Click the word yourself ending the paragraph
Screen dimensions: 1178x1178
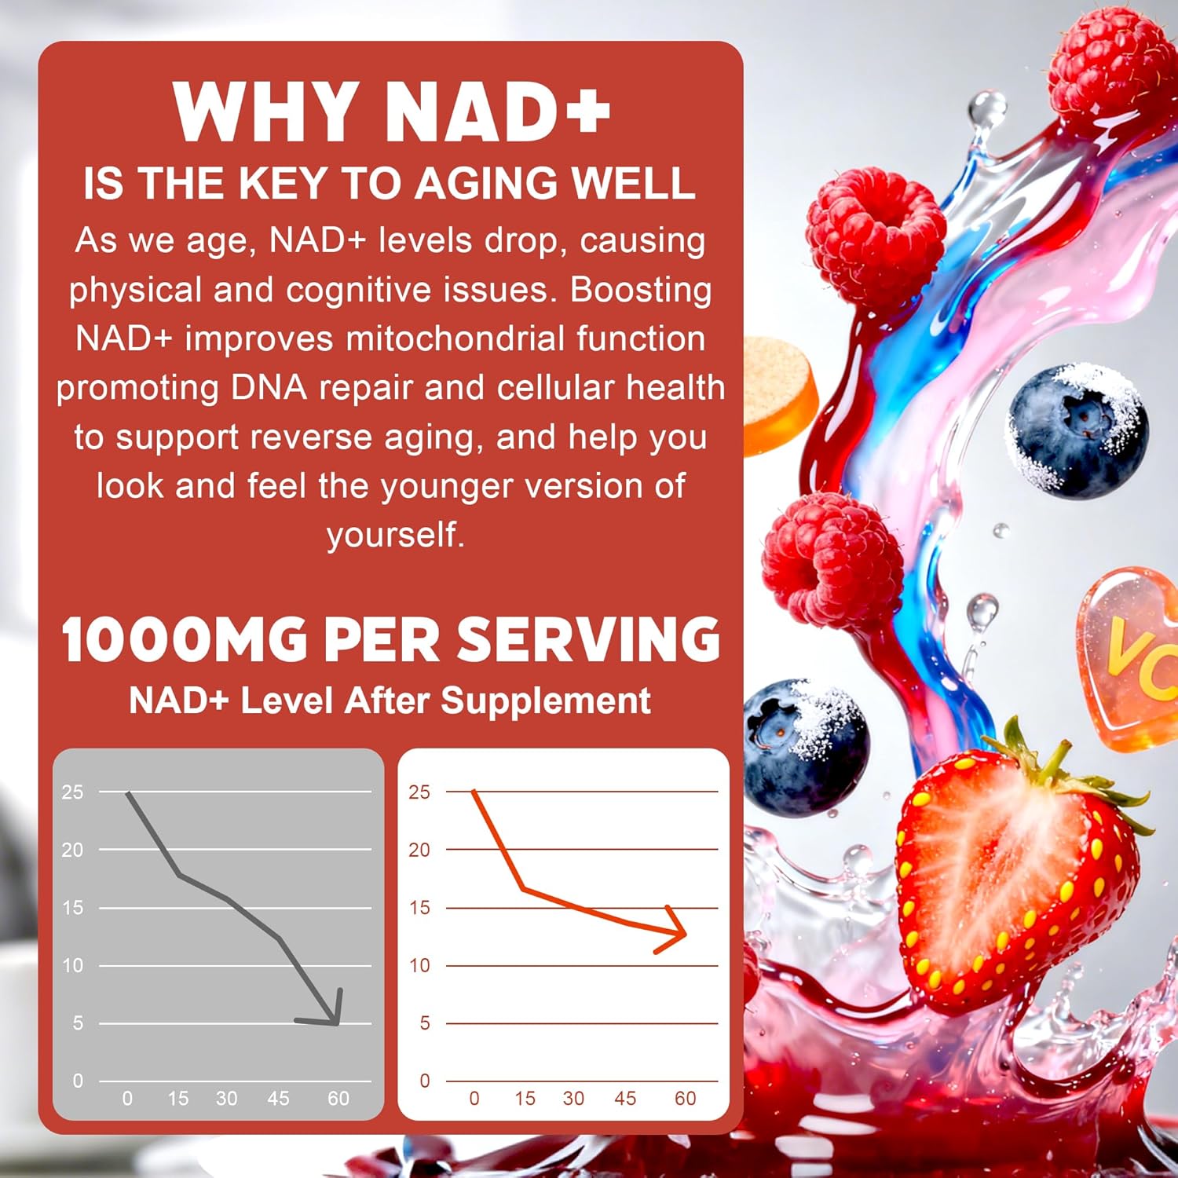pos(395,535)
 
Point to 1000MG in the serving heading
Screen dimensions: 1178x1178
pos(185,639)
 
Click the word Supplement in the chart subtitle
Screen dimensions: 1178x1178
pos(545,701)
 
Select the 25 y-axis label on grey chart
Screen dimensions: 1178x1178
pos(72,792)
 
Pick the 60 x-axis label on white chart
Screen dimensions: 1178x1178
pos(685,1098)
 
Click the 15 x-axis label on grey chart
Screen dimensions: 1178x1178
pos(178,1098)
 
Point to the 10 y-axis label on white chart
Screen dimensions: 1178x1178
pos(419,965)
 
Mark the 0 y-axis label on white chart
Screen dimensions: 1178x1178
pos(424,1081)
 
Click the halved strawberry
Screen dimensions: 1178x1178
pos(1013,880)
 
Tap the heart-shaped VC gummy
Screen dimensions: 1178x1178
pos(1131,660)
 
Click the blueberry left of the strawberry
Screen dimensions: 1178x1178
pos(805,746)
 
